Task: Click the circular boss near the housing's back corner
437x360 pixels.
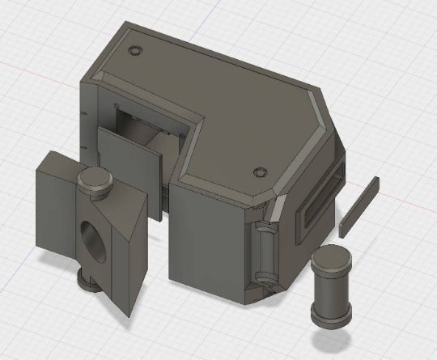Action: coord(135,49)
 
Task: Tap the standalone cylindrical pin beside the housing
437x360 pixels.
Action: coord(331,286)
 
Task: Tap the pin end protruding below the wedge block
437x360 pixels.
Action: coord(87,283)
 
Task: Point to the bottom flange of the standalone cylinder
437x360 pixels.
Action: coord(331,317)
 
